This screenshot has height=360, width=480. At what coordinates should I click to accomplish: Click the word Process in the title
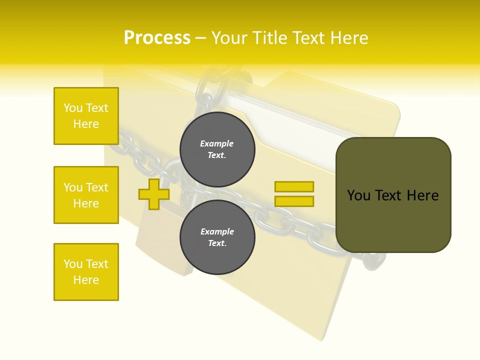coord(157,38)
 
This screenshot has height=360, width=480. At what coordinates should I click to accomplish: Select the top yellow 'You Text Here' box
coord(86,116)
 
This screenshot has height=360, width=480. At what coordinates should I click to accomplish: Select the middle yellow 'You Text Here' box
coord(86,195)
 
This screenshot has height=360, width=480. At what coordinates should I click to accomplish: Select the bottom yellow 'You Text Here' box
coord(86,272)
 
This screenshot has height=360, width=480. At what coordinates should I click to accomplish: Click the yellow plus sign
coord(154,194)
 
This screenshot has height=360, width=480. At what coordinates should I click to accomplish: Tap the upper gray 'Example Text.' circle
coord(217,149)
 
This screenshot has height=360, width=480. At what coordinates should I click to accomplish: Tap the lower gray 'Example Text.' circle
coord(217,237)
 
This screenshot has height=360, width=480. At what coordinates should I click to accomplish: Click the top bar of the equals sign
coord(294,186)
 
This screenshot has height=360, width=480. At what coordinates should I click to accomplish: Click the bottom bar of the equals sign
coord(294,201)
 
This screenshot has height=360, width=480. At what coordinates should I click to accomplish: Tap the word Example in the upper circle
coord(216,143)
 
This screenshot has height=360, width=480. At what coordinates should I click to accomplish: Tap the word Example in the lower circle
coord(216,231)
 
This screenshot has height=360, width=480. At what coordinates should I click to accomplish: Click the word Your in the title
coord(229,38)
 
